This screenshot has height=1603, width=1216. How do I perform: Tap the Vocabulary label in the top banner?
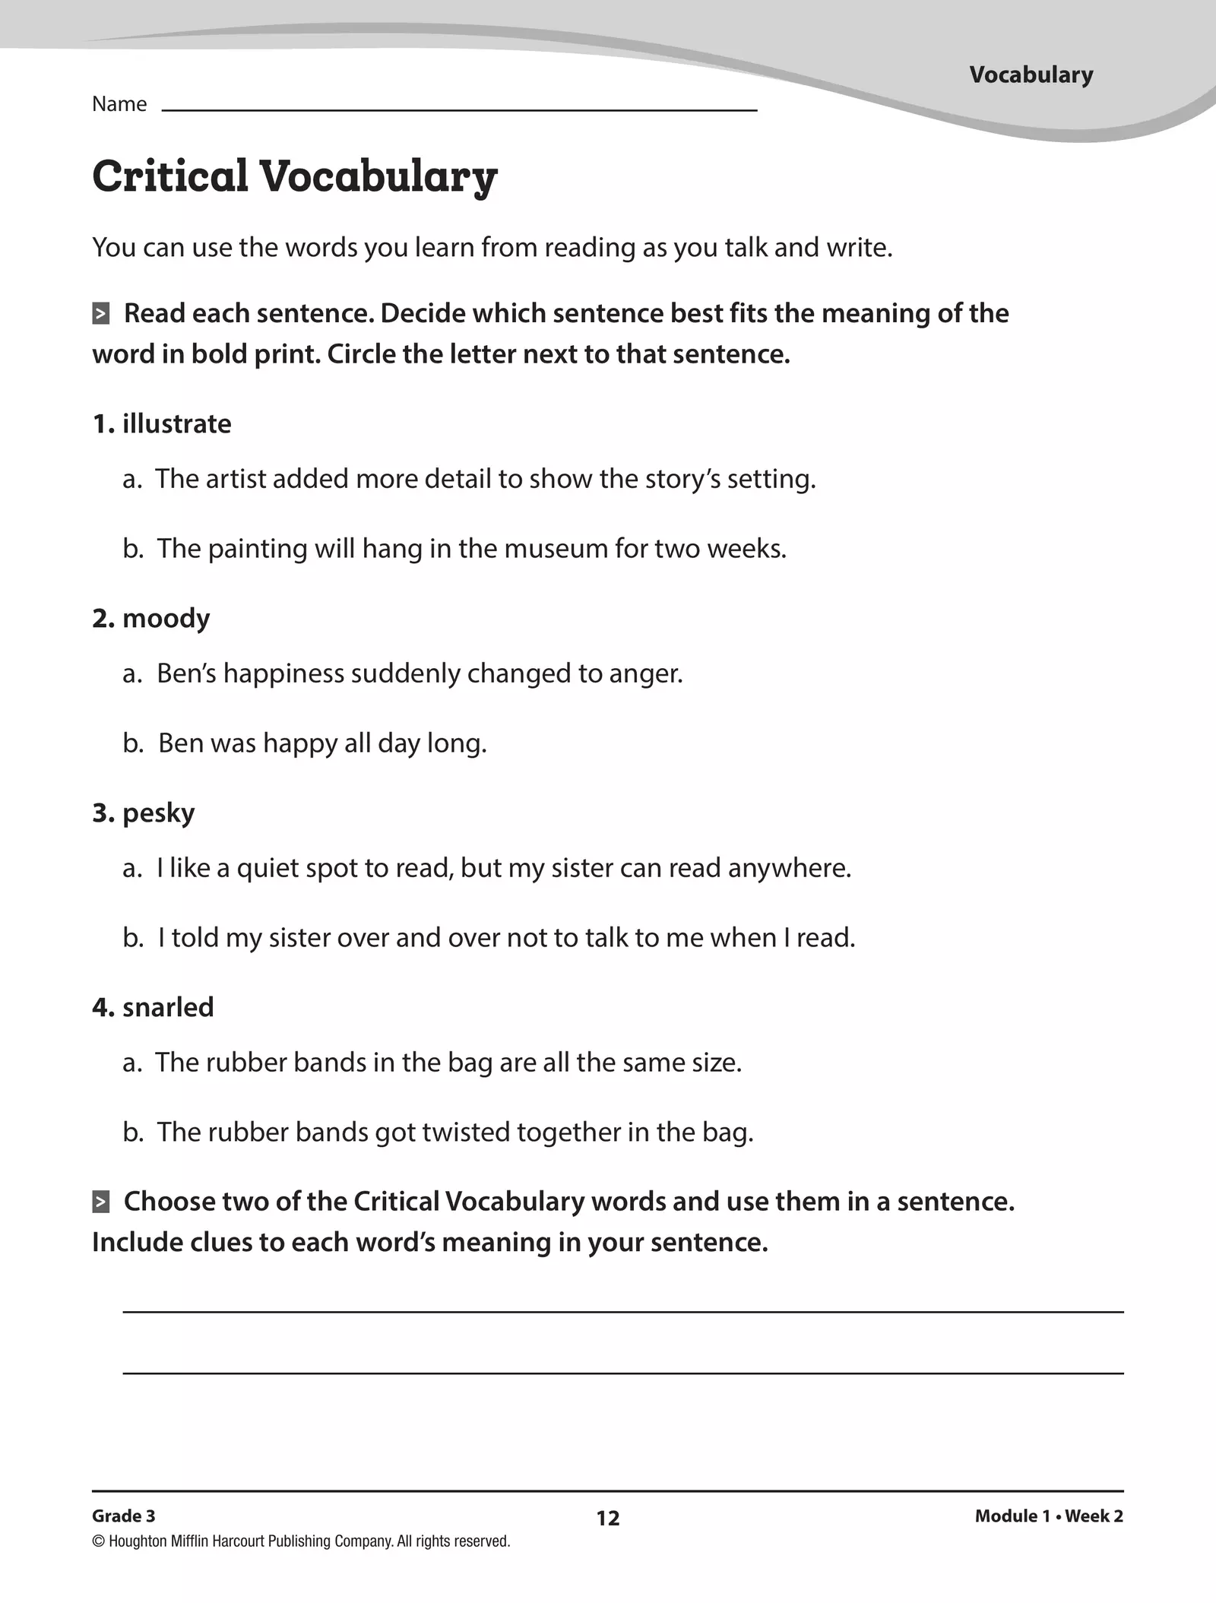pos(1031,74)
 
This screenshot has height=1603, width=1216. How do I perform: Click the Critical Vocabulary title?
pos(294,176)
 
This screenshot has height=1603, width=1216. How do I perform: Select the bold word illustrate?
pos(176,423)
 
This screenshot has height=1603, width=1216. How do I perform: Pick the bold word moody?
pos(166,618)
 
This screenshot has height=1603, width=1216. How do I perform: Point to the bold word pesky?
pos(158,813)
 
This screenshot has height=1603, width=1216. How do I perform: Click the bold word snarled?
pos(168,1007)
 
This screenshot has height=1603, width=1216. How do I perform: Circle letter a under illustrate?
pos(131,479)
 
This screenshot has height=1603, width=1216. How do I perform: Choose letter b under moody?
pos(132,743)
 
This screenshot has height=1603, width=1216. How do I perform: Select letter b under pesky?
pos(132,937)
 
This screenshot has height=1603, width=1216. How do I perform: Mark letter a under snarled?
pos(131,1063)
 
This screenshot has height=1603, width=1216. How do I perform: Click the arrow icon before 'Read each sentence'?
pos(100,313)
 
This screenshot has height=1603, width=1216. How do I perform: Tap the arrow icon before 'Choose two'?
pos(100,1202)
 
